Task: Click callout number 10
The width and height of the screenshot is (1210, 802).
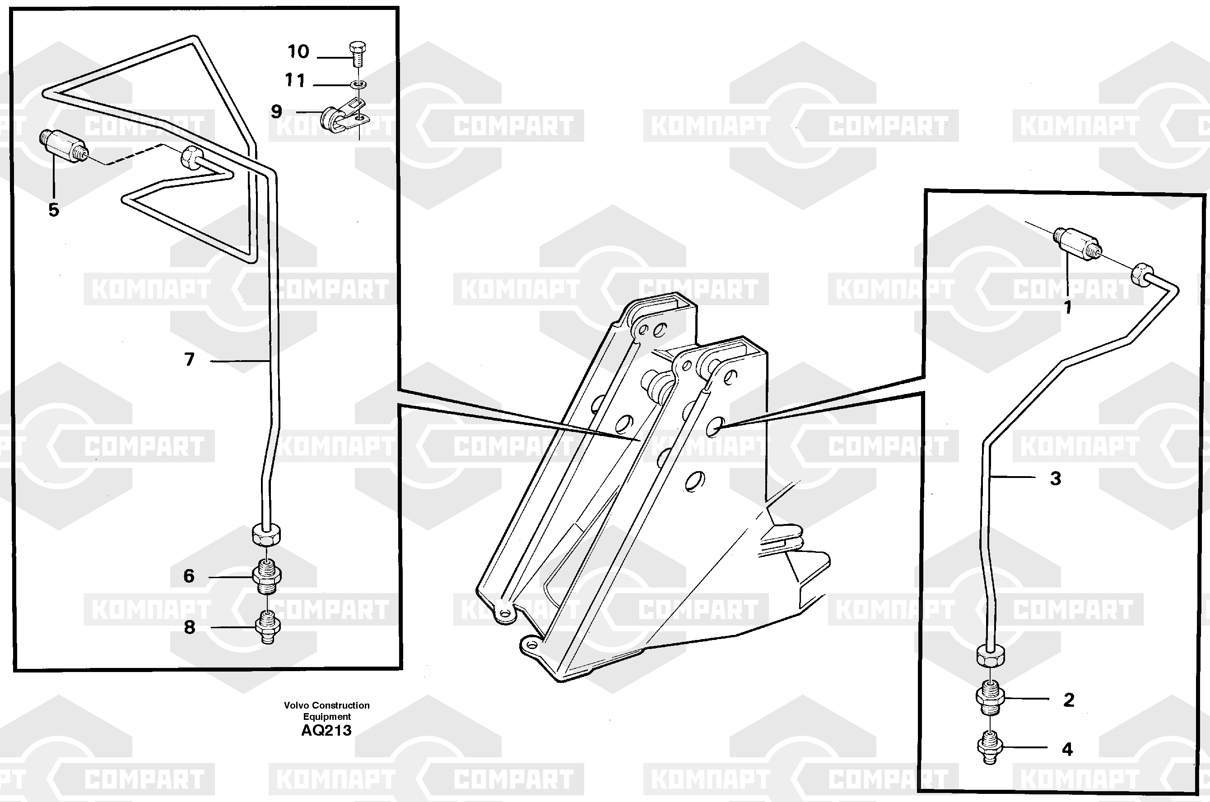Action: click(298, 51)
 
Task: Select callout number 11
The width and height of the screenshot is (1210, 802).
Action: click(295, 80)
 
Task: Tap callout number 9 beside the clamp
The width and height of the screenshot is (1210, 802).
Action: click(276, 111)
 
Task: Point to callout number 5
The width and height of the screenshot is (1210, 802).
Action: click(54, 210)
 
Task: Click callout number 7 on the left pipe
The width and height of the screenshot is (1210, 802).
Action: click(189, 360)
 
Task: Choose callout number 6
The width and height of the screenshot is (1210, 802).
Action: click(189, 576)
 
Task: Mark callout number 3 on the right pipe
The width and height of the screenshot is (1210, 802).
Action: click(1056, 479)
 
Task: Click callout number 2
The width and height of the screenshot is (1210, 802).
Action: click(1069, 700)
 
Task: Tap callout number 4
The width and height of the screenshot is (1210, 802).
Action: click(1067, 749)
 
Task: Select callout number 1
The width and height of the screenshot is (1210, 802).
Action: click(1068, 307)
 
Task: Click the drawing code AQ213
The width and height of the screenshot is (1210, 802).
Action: click(326, 730)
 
